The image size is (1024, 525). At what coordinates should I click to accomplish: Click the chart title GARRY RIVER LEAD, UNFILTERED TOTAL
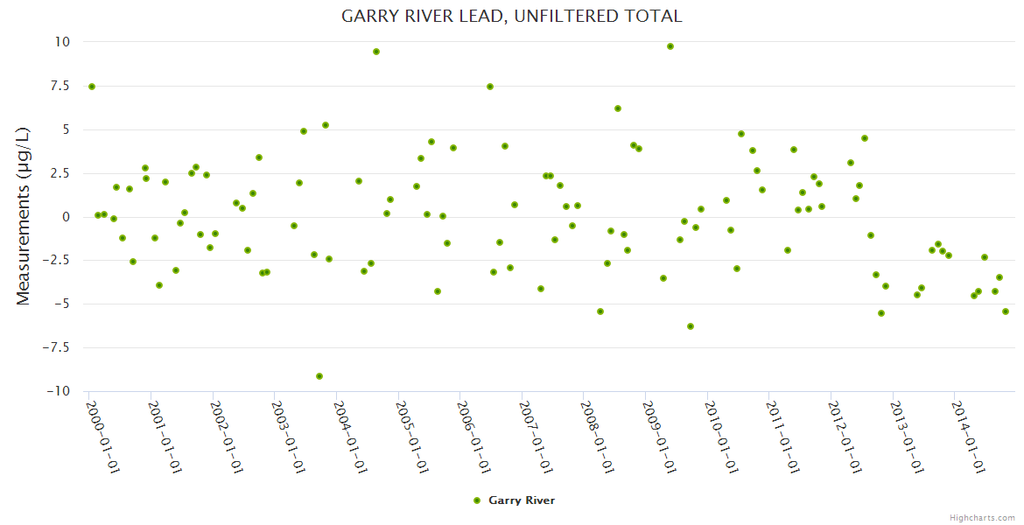coord(511,16)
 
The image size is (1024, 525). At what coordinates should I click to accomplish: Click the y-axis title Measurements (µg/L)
coord(24,216)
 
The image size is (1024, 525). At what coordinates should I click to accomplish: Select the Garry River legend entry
coord(513,500)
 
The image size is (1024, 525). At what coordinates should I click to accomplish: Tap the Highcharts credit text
coord(982,517)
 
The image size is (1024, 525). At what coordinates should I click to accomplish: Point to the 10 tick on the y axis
coord(62,42)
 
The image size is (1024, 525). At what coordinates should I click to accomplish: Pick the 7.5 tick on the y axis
coord(58,86)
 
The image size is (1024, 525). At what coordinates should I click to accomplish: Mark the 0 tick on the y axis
coord(66,217)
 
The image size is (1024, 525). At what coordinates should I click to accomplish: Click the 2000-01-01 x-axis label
coord(102,437)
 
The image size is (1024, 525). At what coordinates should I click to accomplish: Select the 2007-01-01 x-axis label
coord(535,437)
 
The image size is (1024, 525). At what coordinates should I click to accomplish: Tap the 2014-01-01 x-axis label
coord(968,437)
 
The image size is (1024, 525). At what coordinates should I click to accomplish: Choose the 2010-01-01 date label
coord(720,437)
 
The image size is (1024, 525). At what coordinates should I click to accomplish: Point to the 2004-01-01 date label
coord(349,437)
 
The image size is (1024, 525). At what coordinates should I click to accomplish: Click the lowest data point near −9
coord(319,376)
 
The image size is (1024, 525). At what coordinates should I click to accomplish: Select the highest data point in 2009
coord(670,46)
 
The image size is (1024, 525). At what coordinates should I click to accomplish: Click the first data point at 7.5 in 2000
coord(92,87)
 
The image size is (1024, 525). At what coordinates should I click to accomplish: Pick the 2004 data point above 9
coord(376,52)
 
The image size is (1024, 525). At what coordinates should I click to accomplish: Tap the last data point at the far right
coord(1006,311)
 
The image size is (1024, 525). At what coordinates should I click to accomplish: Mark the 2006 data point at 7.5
coord(490,87)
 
